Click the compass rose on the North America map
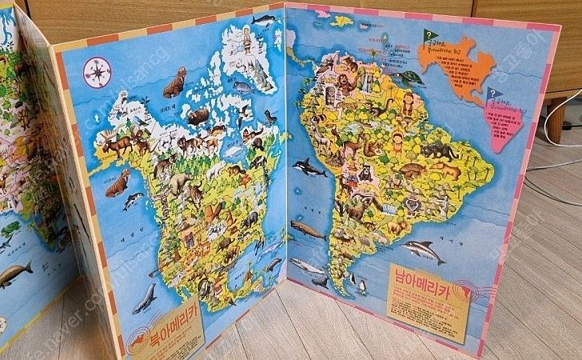[97, 72]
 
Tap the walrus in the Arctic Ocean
[174, 80]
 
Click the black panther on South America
[438, 150]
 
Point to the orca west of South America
[309, 167]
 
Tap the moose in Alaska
[118, 145]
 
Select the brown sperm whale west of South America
[307, 230]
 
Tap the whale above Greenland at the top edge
[262, 19]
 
